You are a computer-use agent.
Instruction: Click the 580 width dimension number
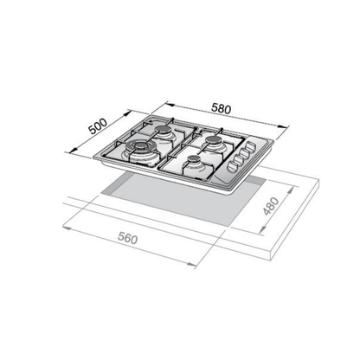[222, 109]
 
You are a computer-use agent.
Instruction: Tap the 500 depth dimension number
[98, 126]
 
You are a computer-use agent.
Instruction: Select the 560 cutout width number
[128, 239]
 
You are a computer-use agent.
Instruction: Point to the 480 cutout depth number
[271, 206]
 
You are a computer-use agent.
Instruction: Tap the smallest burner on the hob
[194, 159]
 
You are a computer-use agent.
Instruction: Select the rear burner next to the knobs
[214, 140]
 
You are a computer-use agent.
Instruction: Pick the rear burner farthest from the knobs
[164, 130]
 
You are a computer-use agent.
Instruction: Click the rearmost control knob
[250, 147]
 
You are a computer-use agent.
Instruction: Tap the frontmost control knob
[232, 166]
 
